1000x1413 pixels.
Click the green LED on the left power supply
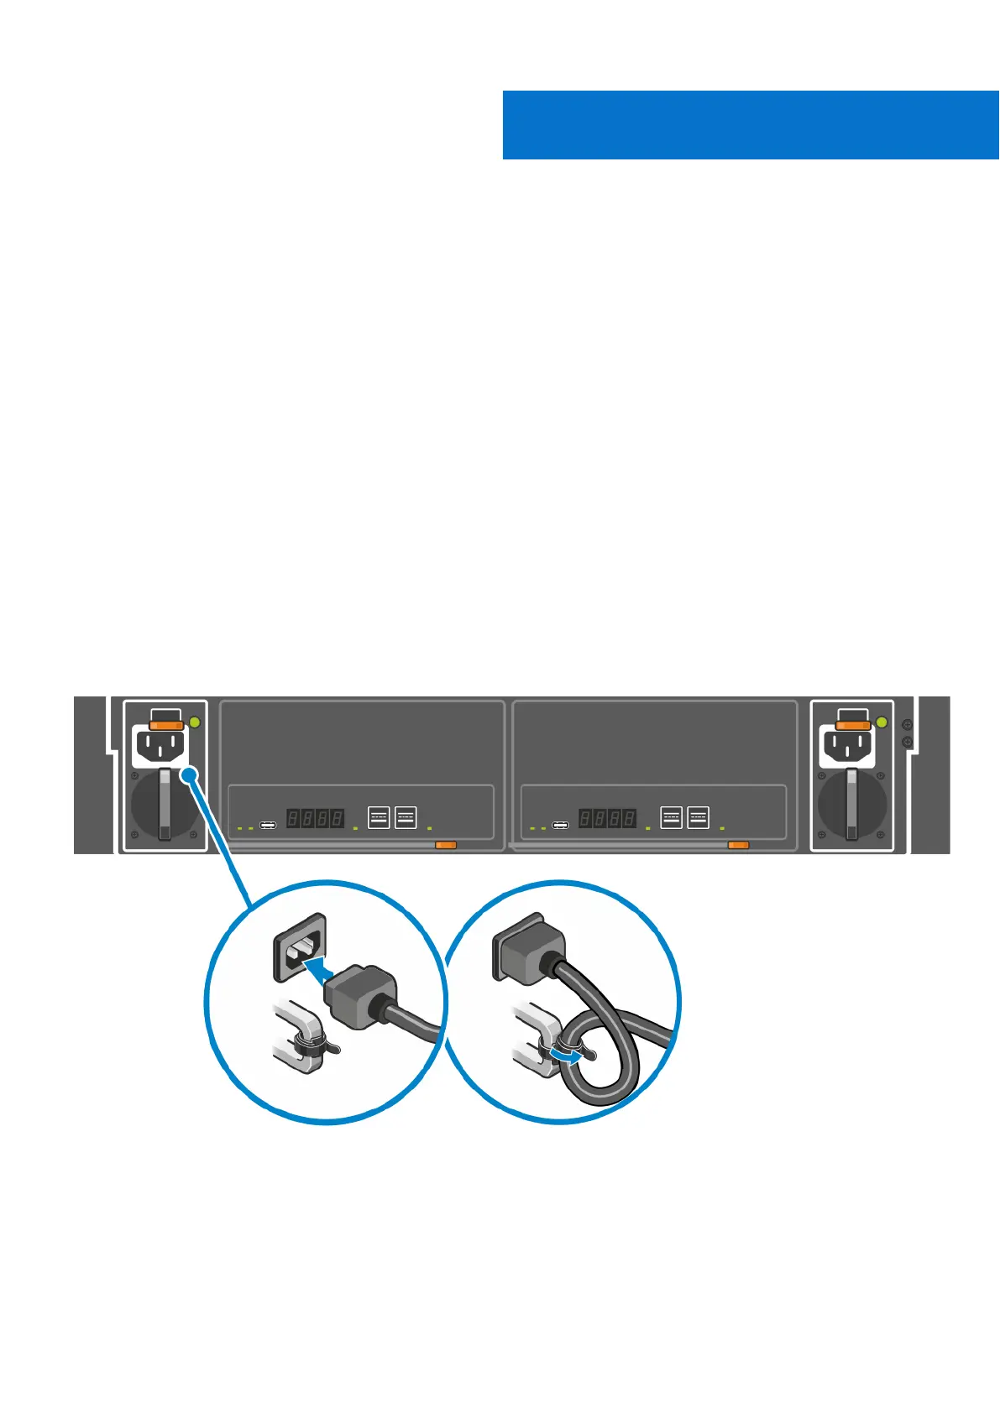pyautogui.click(x=195, y=722)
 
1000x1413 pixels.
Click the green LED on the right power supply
pyautogui.click(x=882, y=722)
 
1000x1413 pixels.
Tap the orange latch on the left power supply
pyautogui.click(x=166, y=724)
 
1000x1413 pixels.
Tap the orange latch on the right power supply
pyautogui.click(x=853, y=724)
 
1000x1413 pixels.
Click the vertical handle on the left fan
pyautogui.click(x=165, y=805)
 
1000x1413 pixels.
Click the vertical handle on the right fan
pyautogui.click(x=852, y=805)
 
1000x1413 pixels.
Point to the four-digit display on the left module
pyautogui.click(x=316, y=817)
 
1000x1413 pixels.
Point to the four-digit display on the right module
pyautogui.click(x=608, y=817)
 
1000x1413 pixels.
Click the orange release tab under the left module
pyautogui.click(x=446, y=845)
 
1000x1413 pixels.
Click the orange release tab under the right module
pyautogui.click(x=738, y=845)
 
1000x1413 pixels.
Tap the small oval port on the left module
pyautogui.click(x=268, y=826)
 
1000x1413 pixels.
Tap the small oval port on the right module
pyautogui.click(x=560, y=826)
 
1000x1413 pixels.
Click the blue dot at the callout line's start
pyautogui.click(x=191, y=776)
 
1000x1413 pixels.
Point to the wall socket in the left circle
pyautogui.click(x=299, y=947)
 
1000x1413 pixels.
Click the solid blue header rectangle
pyautogui.click(x=751, y=125)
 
